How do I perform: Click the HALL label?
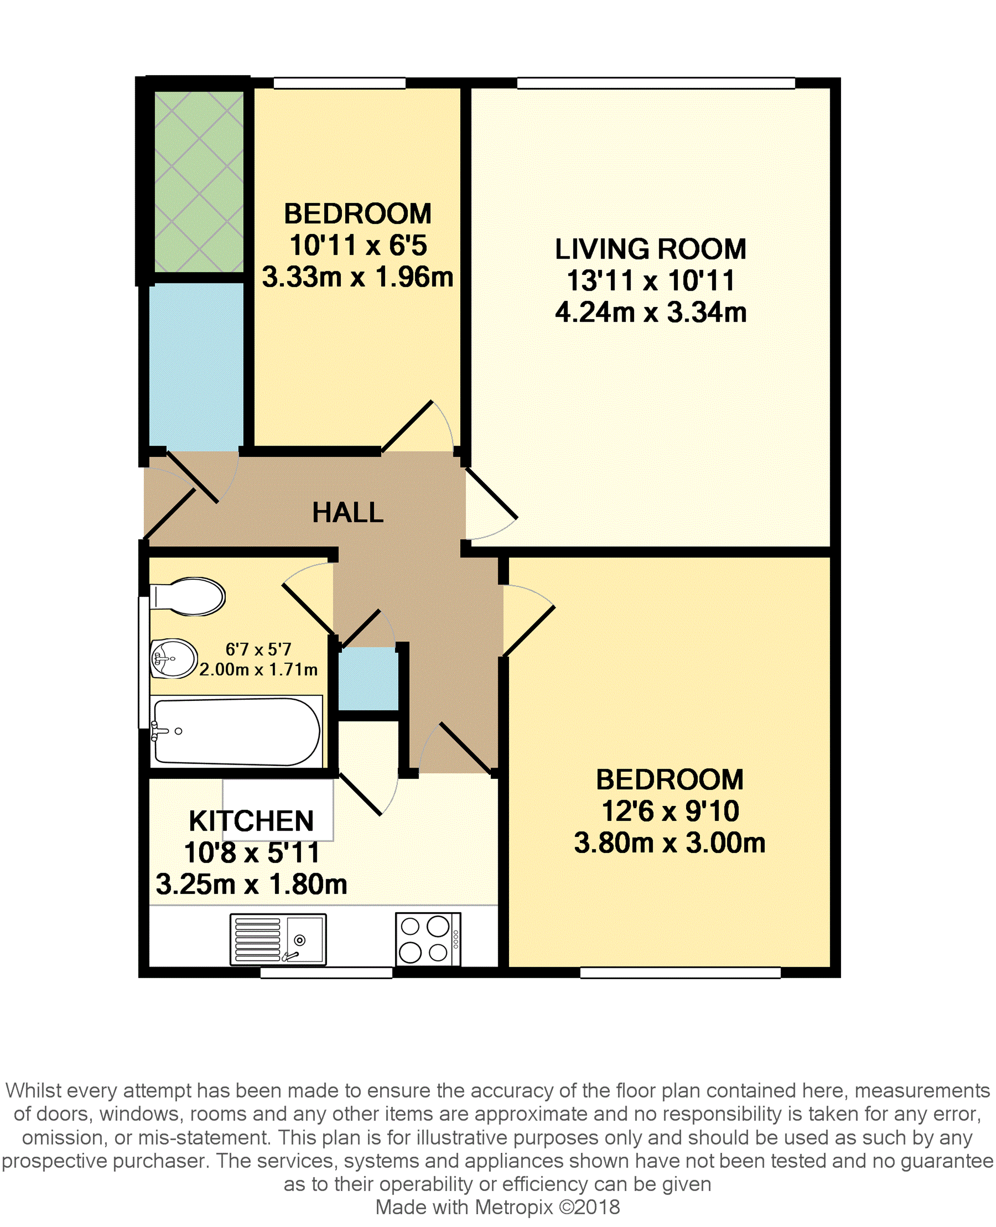click(348, 512)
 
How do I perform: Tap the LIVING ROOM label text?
click(651, 249)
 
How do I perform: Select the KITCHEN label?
click(251, 821)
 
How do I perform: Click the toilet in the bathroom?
click(187, 597)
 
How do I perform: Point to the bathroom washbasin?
click(174, 658)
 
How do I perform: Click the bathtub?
click(236, 732)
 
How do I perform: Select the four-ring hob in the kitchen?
click(428, 939)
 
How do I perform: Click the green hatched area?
click(199, 182)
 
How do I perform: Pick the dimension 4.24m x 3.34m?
click(651, 313)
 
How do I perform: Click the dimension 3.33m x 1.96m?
click(358, 277)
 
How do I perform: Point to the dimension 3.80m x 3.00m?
click(669, 842)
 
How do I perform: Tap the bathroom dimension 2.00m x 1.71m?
click(258, 669)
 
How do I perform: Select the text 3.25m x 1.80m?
click(251, 884)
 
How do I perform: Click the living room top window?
click(656, 83)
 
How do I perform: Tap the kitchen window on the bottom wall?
click(327, 972)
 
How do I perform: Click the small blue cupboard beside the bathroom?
click(368, 679)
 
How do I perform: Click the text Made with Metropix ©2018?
click(497, 1207)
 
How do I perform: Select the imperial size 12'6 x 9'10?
click(669, 811)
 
